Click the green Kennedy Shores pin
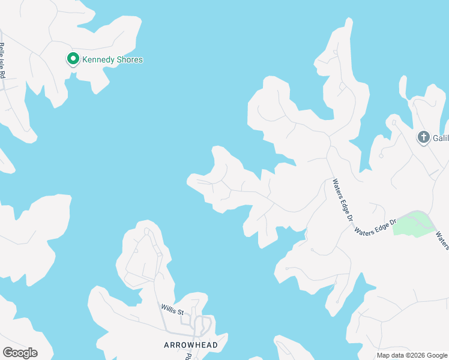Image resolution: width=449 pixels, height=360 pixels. point(73,59)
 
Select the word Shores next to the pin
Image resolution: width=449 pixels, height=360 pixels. point(130,59)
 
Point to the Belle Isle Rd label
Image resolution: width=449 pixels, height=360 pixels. point(2,61)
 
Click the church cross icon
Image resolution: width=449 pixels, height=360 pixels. point(423,137)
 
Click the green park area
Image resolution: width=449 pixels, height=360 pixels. point(412,224)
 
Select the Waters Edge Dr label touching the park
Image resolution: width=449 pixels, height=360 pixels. point(375,227)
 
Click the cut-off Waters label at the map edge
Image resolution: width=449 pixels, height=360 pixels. point(443,240)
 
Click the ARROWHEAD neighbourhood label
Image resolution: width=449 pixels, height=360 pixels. point(185,345)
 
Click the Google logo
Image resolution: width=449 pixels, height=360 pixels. point(20,353)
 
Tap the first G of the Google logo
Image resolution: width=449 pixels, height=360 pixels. point(7,352)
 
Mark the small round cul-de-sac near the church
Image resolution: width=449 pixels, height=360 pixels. point(381,157)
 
